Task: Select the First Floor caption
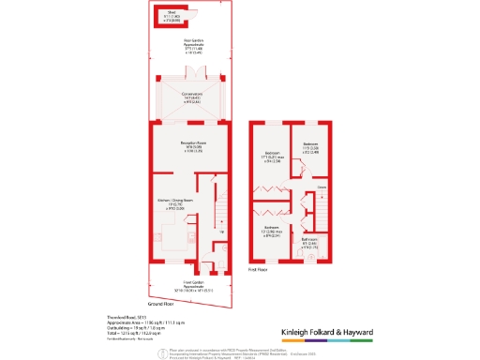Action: pos(260,270)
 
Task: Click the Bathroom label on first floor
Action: pos(309,240)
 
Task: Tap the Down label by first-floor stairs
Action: pos(321,188)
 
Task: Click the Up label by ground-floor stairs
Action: pos(221,232)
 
